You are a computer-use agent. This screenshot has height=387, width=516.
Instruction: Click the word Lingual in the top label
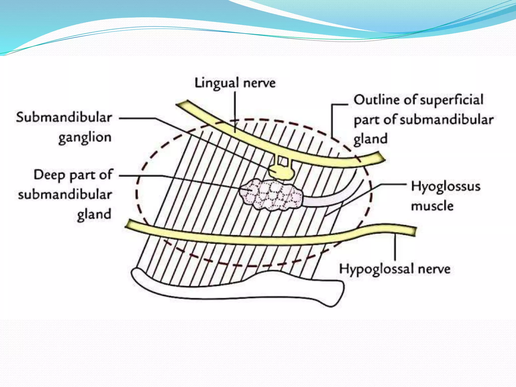pyautogui.click(x=217, y=83)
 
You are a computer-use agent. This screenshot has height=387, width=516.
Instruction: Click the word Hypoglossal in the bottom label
pyautogui.click(x=376, y=269)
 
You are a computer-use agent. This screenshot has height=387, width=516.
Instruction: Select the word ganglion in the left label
pyautogui.click(x=85, y=138)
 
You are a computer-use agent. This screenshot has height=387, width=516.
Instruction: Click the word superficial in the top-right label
pyautogui.click(x=451, y=100)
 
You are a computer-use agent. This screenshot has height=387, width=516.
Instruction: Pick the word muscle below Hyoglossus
pyautogui.click(x=432, y=206)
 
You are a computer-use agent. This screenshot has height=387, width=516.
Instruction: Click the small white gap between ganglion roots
pyautogui.click(x=283, y=161)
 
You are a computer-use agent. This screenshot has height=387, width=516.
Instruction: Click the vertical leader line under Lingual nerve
pyautogui.click(x=235, y=111)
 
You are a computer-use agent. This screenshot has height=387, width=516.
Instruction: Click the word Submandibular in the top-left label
pyautogui.click(x=64, y=118)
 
